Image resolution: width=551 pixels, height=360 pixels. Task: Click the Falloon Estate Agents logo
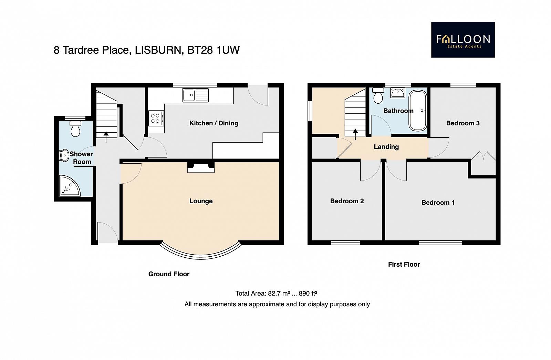(x=463, y=40)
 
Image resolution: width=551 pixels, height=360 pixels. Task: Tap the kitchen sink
(x=195, y=95)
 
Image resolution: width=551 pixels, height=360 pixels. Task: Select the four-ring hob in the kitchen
(x=156, y=119)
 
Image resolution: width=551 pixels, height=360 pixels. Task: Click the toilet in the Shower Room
(x=75, y=128)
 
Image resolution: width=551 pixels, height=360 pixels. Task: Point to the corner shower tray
(x=69, y=186)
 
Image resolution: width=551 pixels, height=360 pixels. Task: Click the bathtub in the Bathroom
(x=418, y=111)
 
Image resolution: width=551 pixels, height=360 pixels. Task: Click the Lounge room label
(x=201, y=201)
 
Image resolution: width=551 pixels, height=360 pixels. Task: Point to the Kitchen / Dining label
(x=214, y=123)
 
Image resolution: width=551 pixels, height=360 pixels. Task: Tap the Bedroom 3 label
(x=463, y=123)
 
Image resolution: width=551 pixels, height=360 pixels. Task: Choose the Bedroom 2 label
(x=347, y=201)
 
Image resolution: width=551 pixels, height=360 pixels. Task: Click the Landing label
(x=386, y=147)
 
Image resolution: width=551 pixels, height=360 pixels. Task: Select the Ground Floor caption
(x=169, y=274)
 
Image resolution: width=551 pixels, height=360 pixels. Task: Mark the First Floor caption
(x=404, y=265)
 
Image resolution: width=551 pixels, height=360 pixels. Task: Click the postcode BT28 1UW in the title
(x=214, y=50)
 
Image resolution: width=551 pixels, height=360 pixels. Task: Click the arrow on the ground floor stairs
(x=106, y=137)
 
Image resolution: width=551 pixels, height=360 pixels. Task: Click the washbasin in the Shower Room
(x=64, y=155)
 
